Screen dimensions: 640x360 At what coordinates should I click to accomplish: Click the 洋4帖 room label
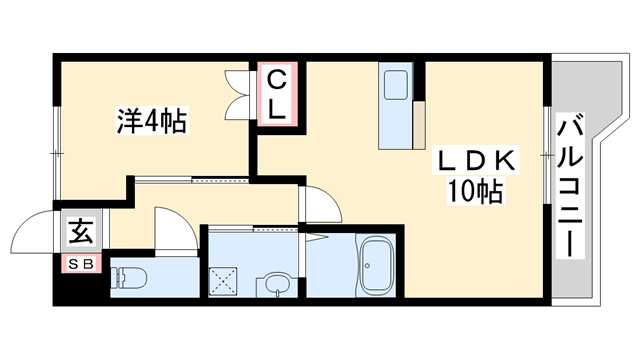(151, 120)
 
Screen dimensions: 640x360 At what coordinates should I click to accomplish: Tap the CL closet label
(277, 94)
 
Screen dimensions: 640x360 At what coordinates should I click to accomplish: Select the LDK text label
(476, 160)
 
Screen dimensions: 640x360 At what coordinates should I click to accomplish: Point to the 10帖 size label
(475, 191)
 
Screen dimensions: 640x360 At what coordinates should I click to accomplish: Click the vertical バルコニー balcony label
(570, 187)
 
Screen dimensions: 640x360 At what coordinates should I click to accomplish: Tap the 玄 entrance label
(81, 231)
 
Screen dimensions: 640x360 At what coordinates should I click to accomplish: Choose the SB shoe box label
(81, 264)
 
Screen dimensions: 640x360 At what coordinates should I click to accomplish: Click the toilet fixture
(129, 278)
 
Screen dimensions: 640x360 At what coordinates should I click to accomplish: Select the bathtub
(376, 265)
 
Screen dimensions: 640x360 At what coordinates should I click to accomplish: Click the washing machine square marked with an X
(223, 281)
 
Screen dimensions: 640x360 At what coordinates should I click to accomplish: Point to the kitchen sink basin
(396, 84)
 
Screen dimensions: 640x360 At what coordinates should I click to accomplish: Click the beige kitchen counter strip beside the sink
(419, 124)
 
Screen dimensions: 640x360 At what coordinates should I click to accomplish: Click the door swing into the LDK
(321, 204)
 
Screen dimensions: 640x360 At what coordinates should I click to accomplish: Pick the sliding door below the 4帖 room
(192, 179)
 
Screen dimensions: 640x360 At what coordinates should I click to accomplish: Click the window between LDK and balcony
(547, 155)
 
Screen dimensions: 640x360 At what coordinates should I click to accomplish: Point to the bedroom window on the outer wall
(57, 153)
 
